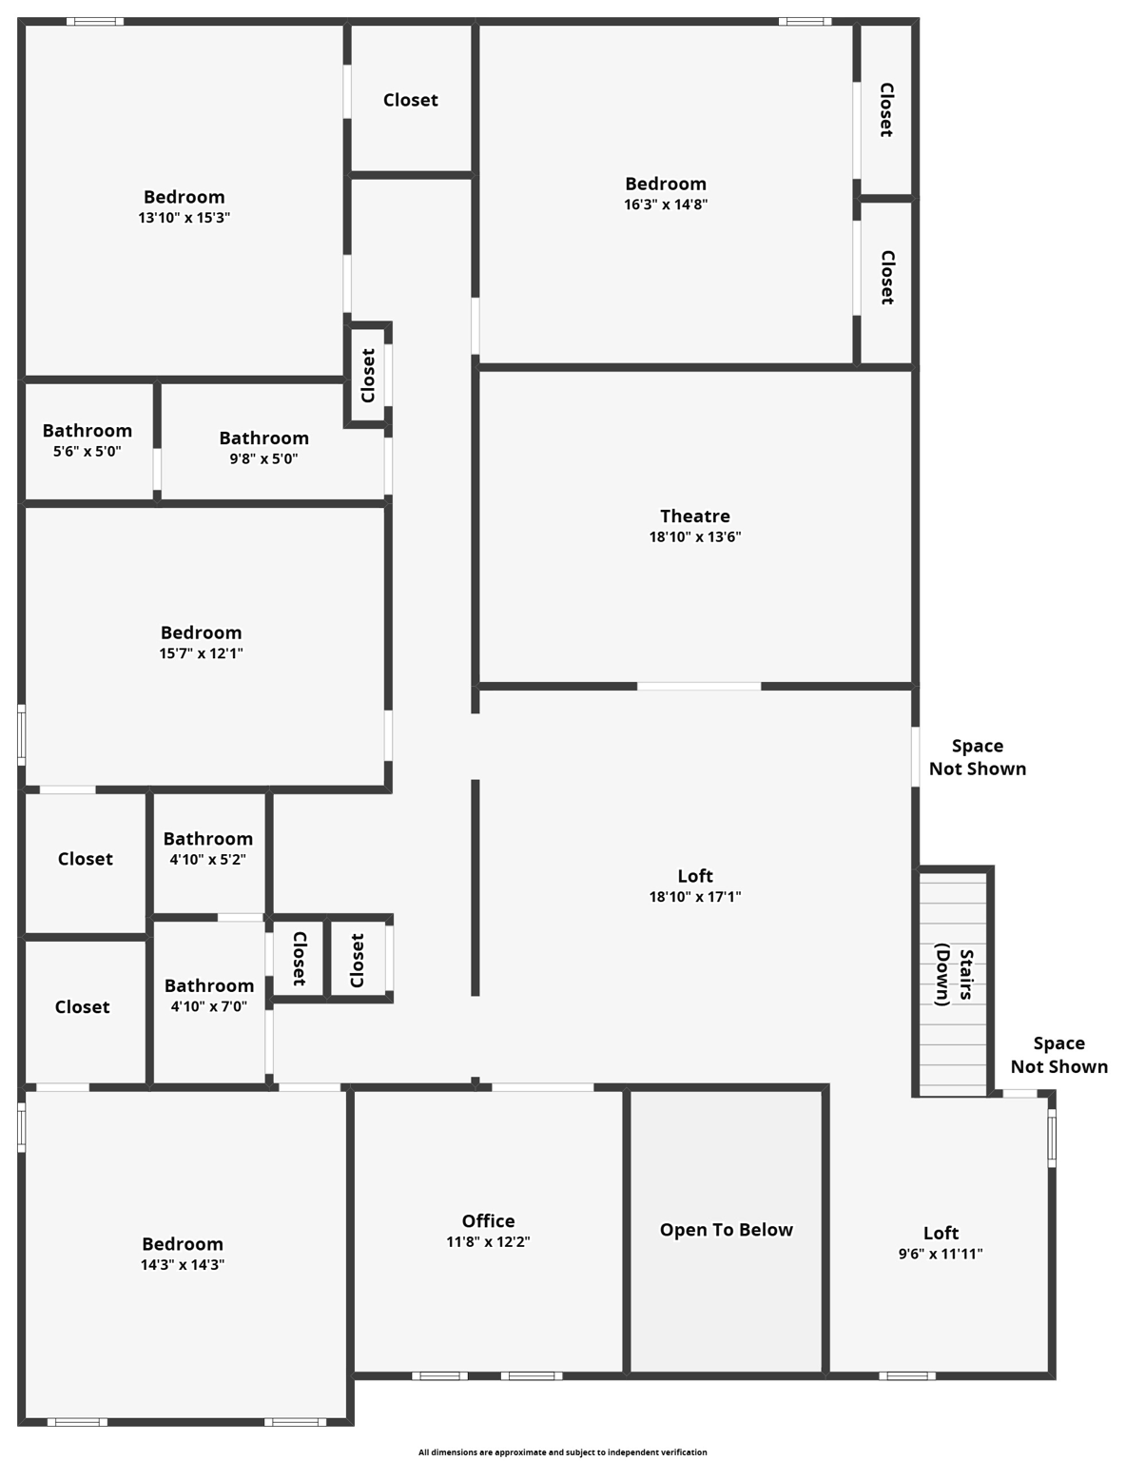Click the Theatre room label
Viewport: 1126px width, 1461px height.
(x=695, y=516)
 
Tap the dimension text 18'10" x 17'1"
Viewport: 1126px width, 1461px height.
(x=695, y=897)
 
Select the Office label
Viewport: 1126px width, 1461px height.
(x=488, y=1221)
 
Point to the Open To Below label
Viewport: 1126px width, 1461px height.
(x=727, y=1230)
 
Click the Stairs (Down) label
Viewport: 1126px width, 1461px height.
(x=954, y=975)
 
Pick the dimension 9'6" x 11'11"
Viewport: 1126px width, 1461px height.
(x=941, y=1255)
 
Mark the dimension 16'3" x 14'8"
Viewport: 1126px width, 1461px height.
(x=666, y=205)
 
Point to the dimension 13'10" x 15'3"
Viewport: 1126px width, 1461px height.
(x=184, y=218)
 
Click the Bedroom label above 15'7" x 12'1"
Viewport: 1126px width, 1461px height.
(x=201, y=633)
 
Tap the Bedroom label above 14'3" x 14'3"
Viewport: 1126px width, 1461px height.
(x=183, y=1244)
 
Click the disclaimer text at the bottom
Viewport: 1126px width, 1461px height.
(x=563, y=1452)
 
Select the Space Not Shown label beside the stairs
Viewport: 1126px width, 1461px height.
(x=1058, y=1055)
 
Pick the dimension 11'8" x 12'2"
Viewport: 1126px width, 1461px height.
(x=488, y=1242)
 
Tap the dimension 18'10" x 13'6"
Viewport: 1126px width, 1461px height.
(x=695, y=537)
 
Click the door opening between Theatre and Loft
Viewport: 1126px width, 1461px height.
(x=699, y=686)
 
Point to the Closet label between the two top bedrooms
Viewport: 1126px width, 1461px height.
(x=411, y=100)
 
